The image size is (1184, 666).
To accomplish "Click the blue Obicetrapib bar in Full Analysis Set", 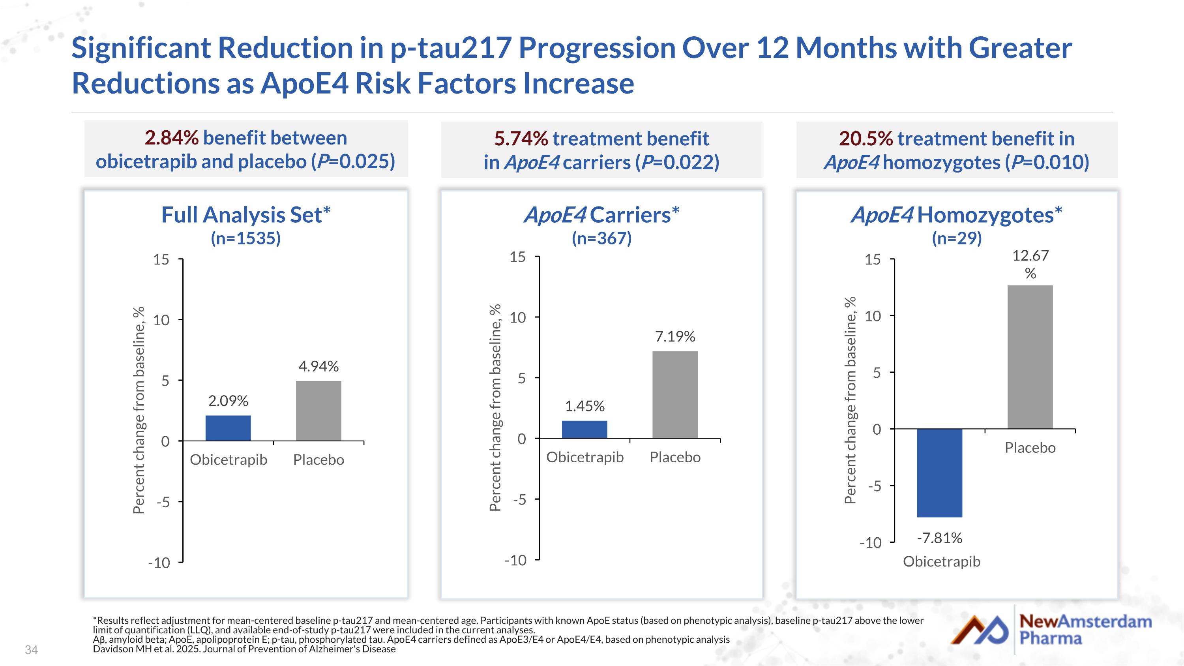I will click(x=228, y=428).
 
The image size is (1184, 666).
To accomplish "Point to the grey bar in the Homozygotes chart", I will click(x=1030, y=357).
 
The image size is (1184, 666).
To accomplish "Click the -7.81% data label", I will click(x=939, y=538).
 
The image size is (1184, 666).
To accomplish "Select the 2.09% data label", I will click(x=228, y=401).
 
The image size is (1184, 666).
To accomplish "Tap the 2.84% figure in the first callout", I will click(x=171, y=137).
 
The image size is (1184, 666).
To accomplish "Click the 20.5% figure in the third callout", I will click(x=866, y=138).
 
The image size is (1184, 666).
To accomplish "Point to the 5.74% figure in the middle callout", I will click(x=521, y=138).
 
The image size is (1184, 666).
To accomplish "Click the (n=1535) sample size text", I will click(x=245, y=238).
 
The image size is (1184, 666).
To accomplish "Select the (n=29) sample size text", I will click(x=957, y=238).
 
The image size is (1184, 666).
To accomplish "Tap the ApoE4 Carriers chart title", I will click(x=601, y=215).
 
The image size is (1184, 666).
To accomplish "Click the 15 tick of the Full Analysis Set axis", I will click(x=161, y=260).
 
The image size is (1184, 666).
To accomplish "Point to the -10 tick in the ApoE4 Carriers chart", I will click(x=515, y=560).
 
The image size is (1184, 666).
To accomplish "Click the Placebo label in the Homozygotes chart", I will click(x=1030, y=448).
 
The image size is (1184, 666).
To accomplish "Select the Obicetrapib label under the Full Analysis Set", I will click(x=229, y=460).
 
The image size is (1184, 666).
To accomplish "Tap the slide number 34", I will click(x=31, y=650).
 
